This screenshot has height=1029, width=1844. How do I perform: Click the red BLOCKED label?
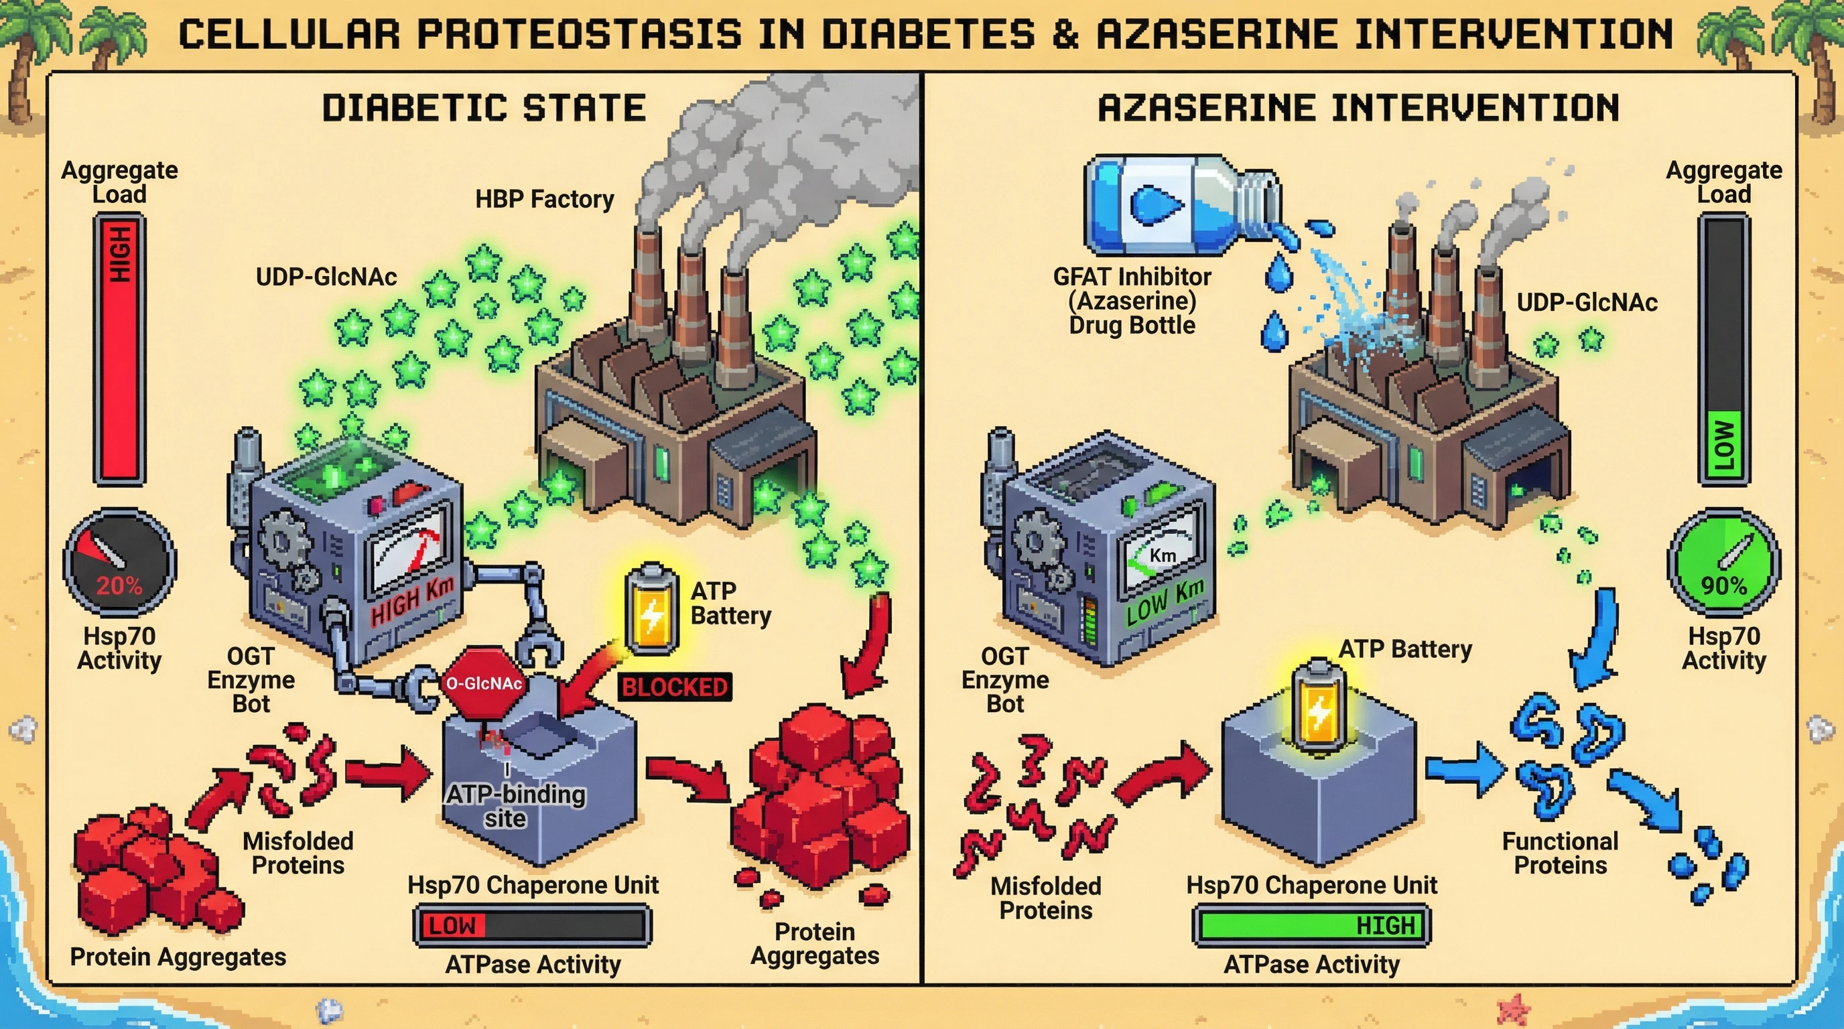pyautogui.click(x=674, y=687)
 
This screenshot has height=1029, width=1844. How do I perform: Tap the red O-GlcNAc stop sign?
pyautogui.click(x=484, y=683)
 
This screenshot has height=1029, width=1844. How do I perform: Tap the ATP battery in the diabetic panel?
pyautogui.click(x=651, y=609)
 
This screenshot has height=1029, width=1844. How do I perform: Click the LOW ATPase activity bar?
pyautogui.click(x=533, y=925)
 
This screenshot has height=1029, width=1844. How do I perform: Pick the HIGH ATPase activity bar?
pyautogui.click(x=1311, y=925)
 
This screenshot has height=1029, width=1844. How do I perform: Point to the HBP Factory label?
pyautogui.click(x=545, y=199)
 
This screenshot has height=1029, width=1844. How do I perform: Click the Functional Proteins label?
pyautogui.click(x=1561, y=853)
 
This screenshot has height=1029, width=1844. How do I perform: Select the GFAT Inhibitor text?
pyautogui.click(x=1132, y=277)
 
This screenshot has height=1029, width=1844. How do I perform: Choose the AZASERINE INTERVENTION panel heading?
pyautogui.click(x=1358, y=108)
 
